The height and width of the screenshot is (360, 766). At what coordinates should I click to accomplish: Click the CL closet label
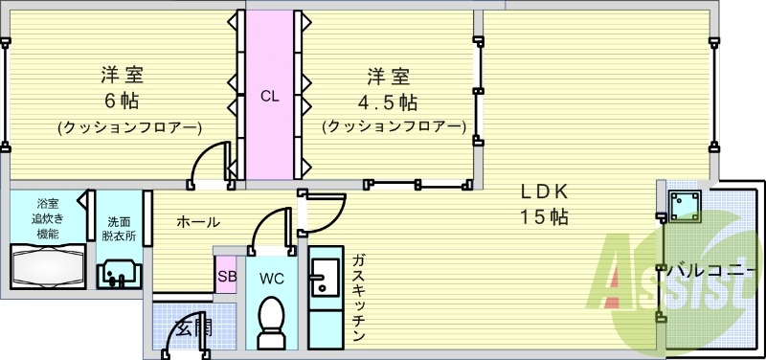click(270, 95)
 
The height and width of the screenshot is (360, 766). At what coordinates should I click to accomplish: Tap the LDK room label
click(543, 189)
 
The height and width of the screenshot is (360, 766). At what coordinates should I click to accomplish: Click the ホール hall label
click(197, 222)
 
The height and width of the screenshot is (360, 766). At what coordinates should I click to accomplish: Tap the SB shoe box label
click(226, 278)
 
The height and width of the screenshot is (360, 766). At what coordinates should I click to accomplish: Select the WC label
click(270, 278)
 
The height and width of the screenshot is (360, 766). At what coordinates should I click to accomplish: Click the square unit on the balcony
click(683, 204)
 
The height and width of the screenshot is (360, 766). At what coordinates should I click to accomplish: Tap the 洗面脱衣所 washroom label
click(120, 229)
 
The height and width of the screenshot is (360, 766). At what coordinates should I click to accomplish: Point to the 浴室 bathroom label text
click(47, 204)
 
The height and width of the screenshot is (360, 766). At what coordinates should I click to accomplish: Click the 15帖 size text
click(543, 216)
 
